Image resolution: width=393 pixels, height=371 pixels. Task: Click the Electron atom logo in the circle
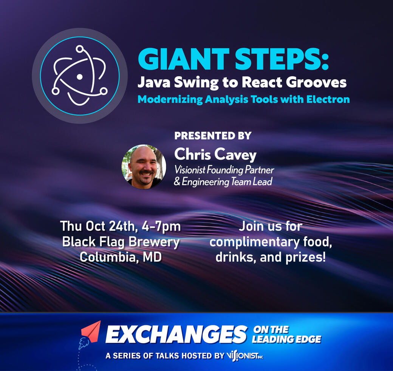pos(79,76)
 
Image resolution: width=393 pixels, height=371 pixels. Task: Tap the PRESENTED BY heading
pos(213,136)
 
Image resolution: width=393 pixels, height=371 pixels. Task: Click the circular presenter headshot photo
pos(144,167)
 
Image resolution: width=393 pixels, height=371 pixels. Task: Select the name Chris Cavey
pos(215,155)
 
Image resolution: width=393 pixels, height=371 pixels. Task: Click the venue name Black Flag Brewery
pos(121,242)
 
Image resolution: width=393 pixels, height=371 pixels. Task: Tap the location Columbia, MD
pos(121,257)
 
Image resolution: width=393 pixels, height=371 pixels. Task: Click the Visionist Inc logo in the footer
pos(244,356)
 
